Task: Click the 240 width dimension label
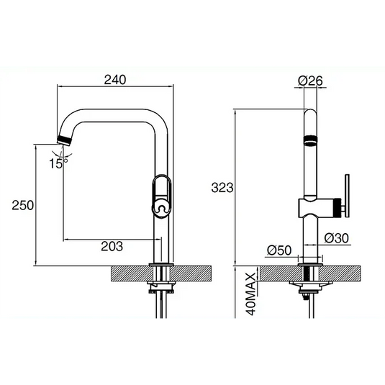click(115, 80)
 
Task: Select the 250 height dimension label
click(24, 205)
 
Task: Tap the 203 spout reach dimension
click(112, 247)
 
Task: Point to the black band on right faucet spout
click(309, 140)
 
